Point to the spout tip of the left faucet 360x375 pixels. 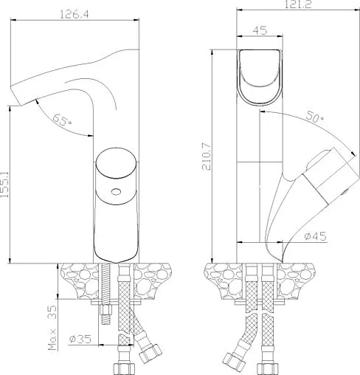click(x=16, y=94)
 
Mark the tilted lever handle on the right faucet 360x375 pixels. click(x=310, y=185)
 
